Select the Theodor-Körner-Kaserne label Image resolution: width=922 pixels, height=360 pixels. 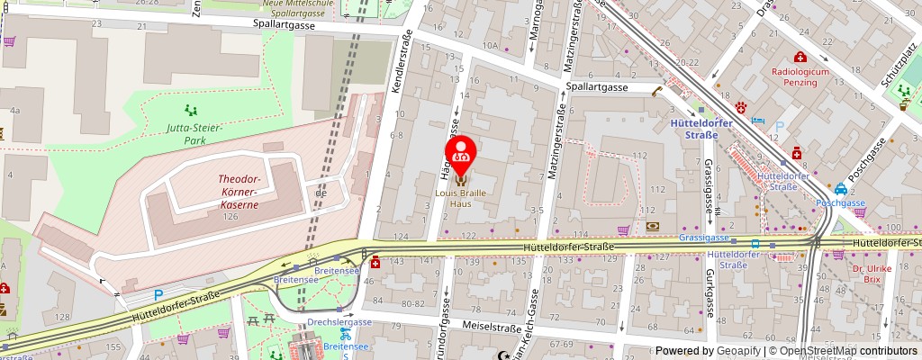pos(240,192)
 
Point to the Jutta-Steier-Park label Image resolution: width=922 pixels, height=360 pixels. pos(193,134)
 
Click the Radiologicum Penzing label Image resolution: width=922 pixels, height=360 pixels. pos(793,75)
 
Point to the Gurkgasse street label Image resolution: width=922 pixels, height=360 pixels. pos(710,293)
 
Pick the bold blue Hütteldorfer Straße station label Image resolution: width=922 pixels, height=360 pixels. pos(695,128)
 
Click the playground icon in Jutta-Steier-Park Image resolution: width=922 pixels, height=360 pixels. pos(191,110)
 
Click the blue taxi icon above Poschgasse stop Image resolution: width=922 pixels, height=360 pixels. pos(839,189)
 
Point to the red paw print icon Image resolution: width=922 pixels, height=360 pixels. pos(741,107)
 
